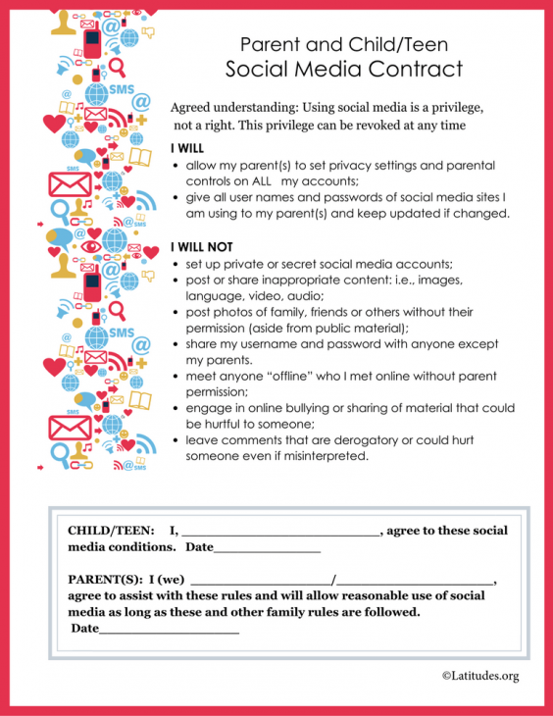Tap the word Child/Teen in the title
point(391,44)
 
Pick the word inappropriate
point(296,281)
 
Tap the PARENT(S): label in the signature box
point(105,580)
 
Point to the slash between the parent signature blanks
point(334,580)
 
